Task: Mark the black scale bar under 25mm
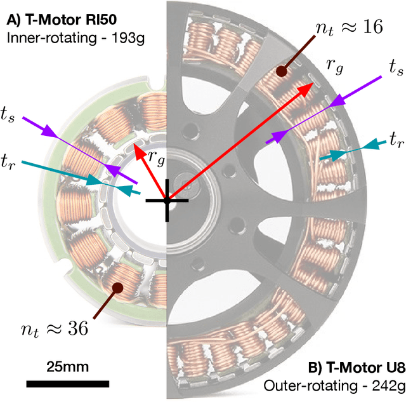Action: point(67,383)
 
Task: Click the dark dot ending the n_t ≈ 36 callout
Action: point(117,287)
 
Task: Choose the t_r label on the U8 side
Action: point(396,139)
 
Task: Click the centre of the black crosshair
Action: point(167,200)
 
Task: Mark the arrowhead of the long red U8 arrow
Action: point(311,88)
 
